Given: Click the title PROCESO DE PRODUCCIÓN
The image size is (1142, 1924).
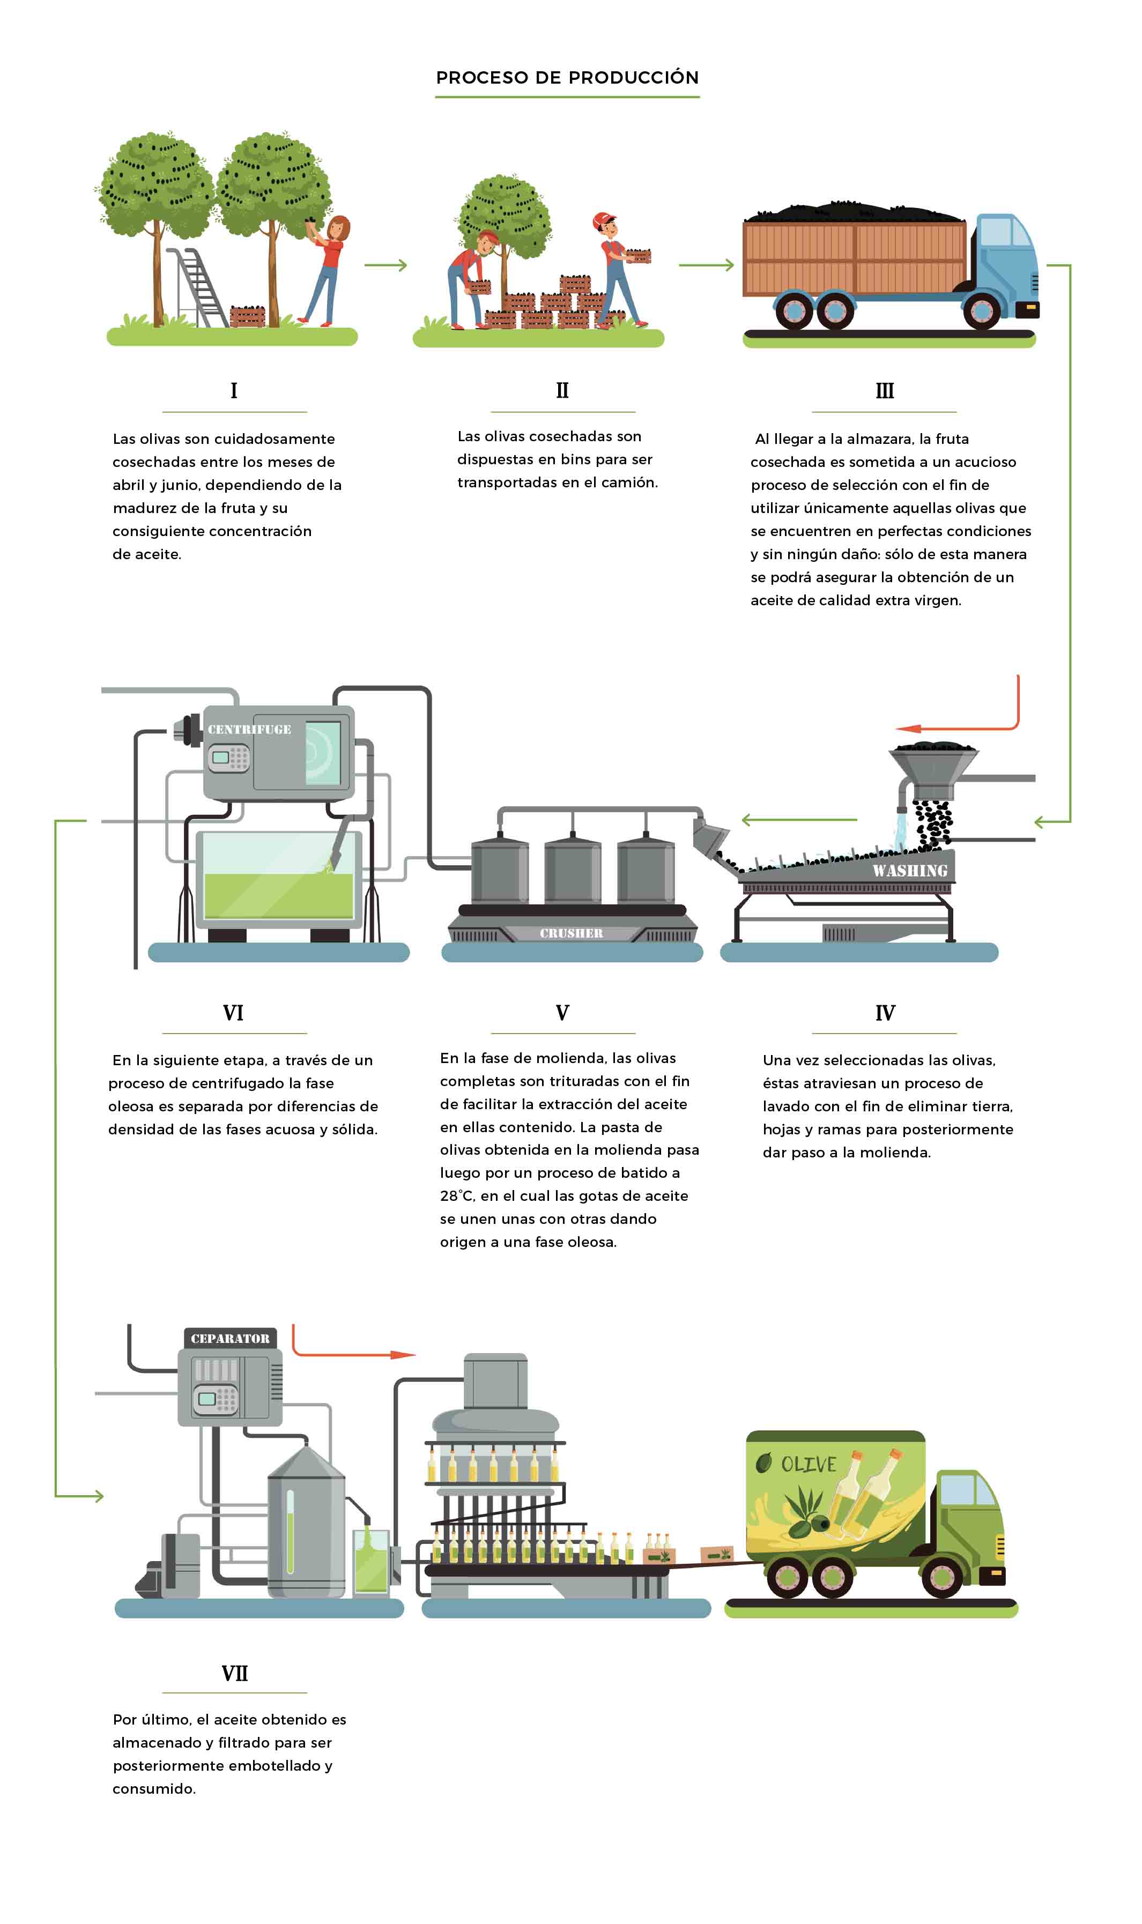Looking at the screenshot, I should (567, 78).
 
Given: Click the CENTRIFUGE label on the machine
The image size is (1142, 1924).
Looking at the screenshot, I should (249, 729).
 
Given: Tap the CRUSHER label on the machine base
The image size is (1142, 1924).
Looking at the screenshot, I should (571, 933).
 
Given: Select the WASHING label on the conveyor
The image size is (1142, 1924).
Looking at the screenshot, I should (910, 871).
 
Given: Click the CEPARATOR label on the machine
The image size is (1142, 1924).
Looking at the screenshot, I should (230, 1339).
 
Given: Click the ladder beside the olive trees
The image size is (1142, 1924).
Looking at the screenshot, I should (197, 286).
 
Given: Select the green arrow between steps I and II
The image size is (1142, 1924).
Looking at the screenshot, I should (385, 265).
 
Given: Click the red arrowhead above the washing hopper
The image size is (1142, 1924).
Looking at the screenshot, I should (909, 728).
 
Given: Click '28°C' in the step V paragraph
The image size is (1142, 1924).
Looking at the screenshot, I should (456, 1196).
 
